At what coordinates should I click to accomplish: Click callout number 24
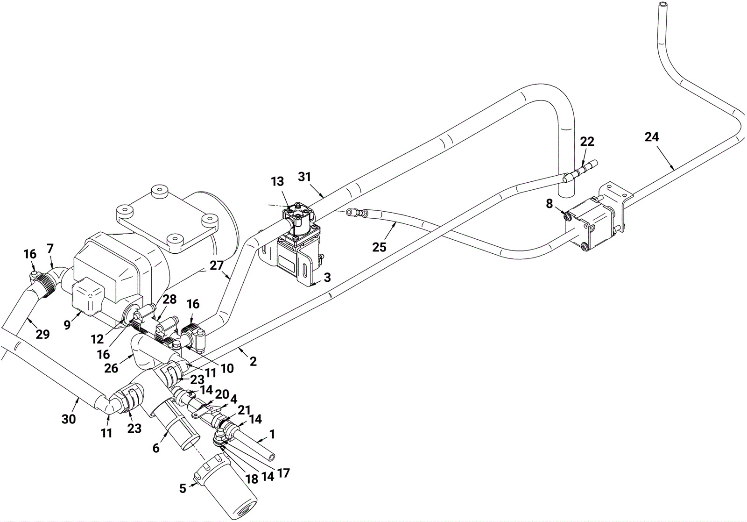(x=652, y=137)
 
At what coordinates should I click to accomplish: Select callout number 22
(x=587, y=142)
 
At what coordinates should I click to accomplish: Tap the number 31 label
(x=304, y=177)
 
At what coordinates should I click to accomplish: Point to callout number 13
(x=277, y=181)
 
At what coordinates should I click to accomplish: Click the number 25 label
(x=379, y=247)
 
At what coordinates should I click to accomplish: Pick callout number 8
(x=549, y=204)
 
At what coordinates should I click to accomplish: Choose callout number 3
(x=327, y=277)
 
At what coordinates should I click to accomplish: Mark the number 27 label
(x=217, y=265)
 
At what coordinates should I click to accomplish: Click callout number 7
(x=50, y=248)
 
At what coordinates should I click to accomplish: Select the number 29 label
(x=42, y=334)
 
